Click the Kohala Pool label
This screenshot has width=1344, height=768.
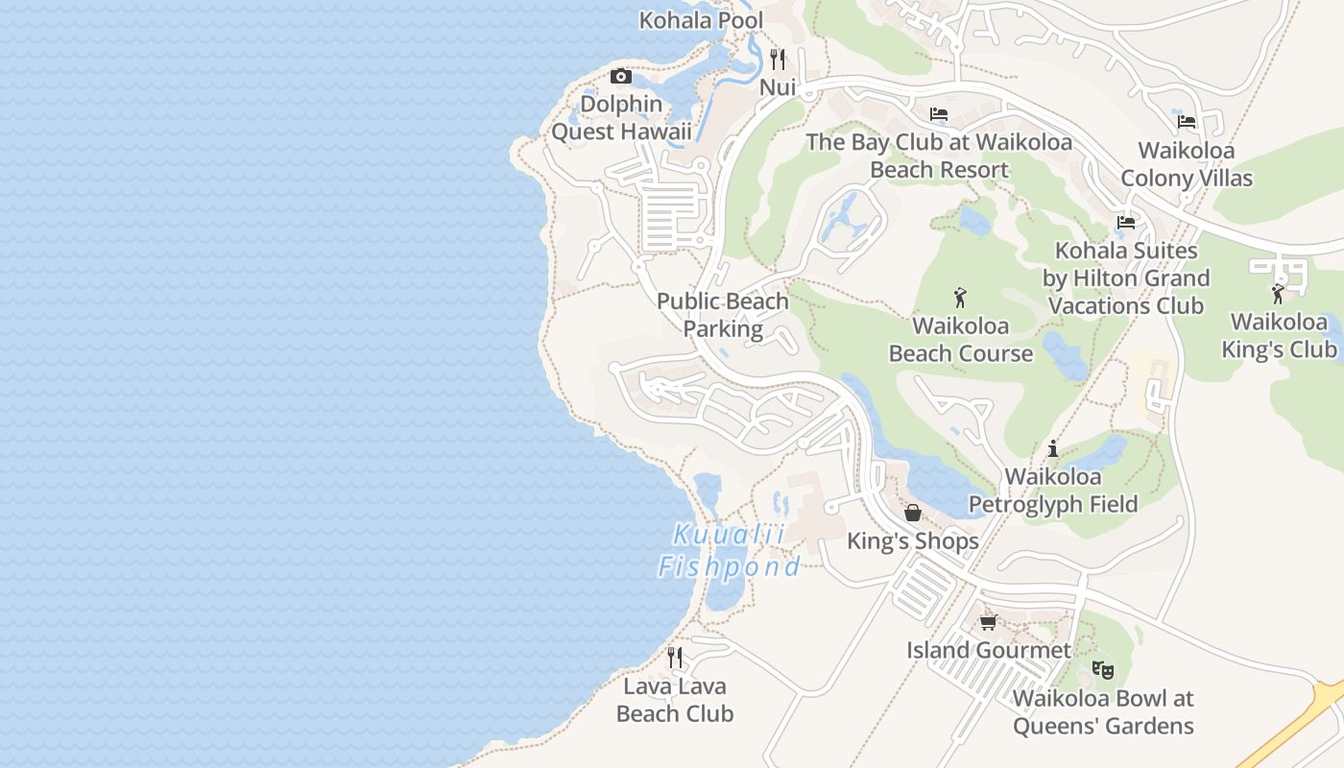(x=701, y=20)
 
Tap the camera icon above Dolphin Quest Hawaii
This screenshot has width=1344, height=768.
(x=621, y=76)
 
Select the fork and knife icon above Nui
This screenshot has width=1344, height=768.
(x=778, y=60)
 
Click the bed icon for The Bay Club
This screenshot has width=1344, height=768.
(x=939, y=114)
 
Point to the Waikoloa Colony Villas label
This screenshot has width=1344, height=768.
(x=1187, y=164)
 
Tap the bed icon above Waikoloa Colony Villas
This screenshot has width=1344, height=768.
(x=1187, y=121)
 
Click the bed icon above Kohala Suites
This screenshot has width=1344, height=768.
(x=1126, y=223)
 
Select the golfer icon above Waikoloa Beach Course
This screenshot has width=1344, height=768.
(x=960, y=299)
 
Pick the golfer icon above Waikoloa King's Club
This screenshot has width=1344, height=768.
(x=1278, y=293)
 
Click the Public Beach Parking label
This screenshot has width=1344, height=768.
(x=723, y=315)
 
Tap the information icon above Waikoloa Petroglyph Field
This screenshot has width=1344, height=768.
(x=1053, y=448)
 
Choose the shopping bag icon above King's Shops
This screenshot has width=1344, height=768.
(x=913, y=513)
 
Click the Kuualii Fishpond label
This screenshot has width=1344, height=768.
(x=729, y=551)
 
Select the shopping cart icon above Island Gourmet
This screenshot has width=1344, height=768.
(x=988, y=622)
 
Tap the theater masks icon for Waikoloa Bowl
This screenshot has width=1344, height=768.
(x=1102, y=669)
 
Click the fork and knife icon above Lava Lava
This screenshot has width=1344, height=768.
(x=675, y=658)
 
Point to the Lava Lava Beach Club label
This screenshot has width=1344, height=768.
(x=675, y=700)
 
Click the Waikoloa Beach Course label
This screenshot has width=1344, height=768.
(x=960, y=340)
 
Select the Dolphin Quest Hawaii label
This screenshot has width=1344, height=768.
(x=621, y=117)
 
